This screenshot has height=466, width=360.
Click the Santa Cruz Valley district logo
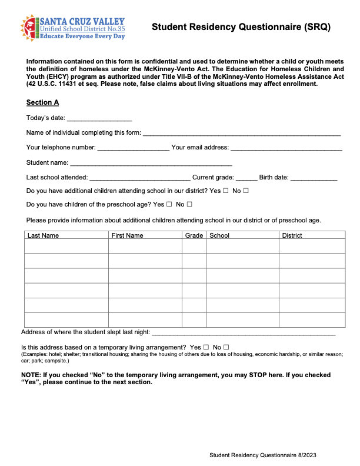72,28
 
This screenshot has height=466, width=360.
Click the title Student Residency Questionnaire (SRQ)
241,27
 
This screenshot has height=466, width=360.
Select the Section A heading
42,102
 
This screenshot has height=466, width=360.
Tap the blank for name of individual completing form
241,133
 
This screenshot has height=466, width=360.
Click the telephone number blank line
133,148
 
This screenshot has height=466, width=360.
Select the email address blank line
286,148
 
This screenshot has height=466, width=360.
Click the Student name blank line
151,163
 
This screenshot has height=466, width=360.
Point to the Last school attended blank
140,178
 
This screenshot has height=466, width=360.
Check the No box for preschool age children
189,205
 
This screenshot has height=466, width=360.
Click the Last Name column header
44,235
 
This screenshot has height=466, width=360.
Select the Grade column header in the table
194,235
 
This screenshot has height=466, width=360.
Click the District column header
292,235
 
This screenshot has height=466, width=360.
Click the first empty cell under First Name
145,246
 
